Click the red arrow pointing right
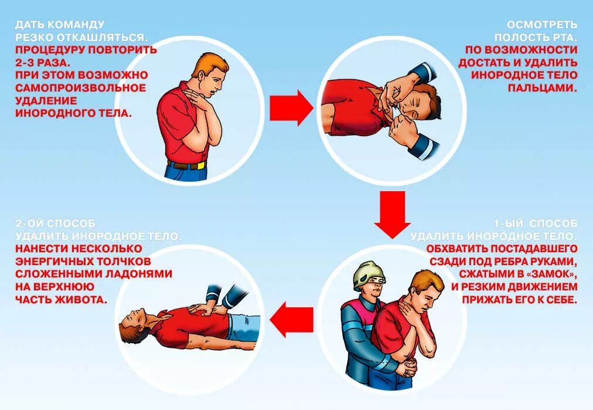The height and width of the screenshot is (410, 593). point(291,108)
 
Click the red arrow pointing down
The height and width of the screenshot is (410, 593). point(392,214)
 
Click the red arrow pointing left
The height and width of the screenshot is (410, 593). point(292,319)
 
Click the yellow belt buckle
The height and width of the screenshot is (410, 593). point(201,165)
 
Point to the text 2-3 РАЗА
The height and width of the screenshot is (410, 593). point(43,62)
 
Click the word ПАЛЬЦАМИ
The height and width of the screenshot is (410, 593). point(543,88)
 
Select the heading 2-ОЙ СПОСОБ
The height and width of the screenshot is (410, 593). point(56,223)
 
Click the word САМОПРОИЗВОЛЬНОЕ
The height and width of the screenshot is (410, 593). point(80,88)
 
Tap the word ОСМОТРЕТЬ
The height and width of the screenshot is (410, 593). point(542,25)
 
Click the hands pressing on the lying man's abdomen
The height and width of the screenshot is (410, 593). point(202,309)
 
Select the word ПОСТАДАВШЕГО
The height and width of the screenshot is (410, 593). point(534,249)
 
